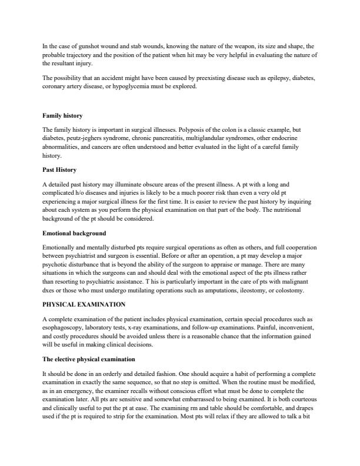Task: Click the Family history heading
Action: pos(62,116)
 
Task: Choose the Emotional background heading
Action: pos(74,234)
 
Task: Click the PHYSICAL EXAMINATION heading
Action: pos(84,305)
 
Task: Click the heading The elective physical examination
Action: pos(89,359)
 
